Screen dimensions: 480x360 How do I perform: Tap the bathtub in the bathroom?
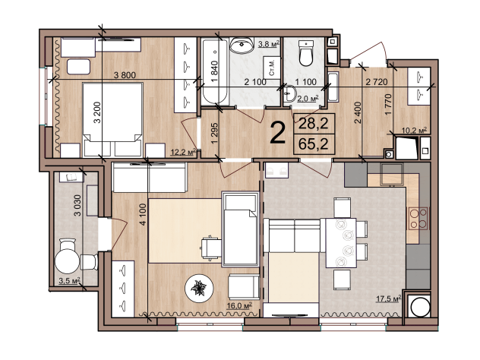(x=215, y=71)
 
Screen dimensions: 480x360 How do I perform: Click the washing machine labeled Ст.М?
(x=272, y=68)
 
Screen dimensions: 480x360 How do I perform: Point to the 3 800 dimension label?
(x=125, y=75)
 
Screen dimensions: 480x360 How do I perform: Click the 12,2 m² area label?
(x=183, y=152)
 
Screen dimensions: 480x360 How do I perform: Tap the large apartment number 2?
(x=278, y=133)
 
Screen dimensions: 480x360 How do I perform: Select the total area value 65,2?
(x=314, y=144)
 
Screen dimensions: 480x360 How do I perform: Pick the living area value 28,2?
(x=314, y=123)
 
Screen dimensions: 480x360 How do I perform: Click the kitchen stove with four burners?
(x=418, y=218)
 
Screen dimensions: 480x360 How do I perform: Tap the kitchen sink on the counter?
(x=391, y=175)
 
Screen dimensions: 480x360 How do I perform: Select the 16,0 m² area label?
(x=240, y=305)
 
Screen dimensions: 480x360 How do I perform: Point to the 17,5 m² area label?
(x=388, y=298)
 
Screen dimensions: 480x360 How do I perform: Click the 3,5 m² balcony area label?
(x=69, y=281)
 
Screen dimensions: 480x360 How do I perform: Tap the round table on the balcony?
(x=67, y=261)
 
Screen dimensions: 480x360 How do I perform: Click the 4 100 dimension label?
(x=144, y=215)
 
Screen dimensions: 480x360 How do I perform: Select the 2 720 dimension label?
(x=377, y=82)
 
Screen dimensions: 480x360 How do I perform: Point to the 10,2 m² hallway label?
(x=414, y=131)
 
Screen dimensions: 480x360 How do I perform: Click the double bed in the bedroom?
(x=113, y=119)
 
